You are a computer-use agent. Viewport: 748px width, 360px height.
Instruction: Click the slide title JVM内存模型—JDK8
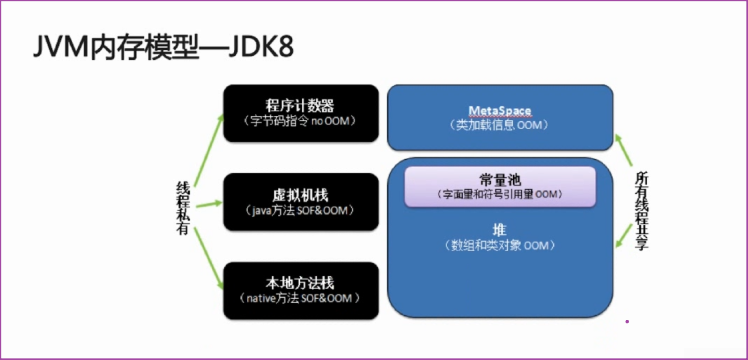pos(163,46)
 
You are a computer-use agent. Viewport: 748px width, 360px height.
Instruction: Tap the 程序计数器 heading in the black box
pos(300,105)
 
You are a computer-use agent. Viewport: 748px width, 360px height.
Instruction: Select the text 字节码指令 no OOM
pos(300,121)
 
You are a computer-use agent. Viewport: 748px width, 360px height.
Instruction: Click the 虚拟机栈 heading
pos(300,195)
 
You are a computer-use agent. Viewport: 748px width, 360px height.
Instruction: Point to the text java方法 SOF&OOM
pos(300,211)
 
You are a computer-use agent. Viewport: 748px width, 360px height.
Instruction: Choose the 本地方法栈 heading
pos(300,283)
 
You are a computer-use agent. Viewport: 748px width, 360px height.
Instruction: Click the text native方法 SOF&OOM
pos(300,298)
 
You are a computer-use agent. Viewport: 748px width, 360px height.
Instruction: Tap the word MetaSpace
pos(500,111)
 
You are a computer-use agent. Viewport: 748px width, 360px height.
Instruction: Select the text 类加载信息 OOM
pos(500,125)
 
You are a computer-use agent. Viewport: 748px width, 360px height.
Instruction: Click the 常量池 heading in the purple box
pos(500,180)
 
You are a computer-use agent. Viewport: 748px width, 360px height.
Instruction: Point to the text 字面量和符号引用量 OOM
pos(500,194)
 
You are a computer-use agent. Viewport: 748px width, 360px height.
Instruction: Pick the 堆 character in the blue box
pos(499,230)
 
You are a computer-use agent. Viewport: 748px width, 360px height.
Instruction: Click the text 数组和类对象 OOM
pos(500,245)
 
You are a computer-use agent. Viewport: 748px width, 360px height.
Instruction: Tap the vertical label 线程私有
pos(183,208)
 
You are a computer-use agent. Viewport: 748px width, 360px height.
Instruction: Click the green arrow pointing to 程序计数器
pos(209,150)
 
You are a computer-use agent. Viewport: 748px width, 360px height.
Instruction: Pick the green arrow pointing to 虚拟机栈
pos(208,204)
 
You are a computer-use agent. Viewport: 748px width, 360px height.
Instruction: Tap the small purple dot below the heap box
pos(627,322)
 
